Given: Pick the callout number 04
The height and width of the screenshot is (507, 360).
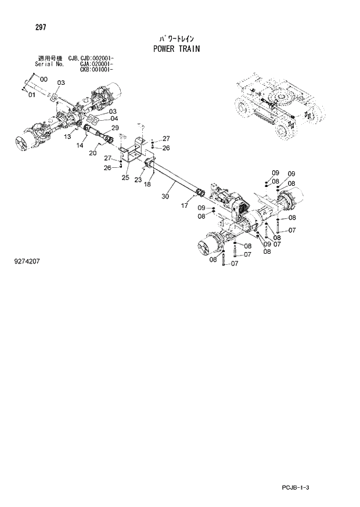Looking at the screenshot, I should pyautogui.click(x=114, y=118).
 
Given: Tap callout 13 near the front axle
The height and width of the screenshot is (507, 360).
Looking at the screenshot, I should pyautogui.click(x=67, y=136).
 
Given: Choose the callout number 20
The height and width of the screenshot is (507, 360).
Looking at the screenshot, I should pyautogui.click(x=92, y=153).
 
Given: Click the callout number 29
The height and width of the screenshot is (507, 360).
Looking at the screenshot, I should pyautogui.click(x=115, y=128).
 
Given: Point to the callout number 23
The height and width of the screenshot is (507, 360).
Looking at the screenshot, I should pyautogui.click(x=138, y=180).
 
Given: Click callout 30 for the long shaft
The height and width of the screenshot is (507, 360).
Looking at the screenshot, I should pyautogui.click(x=165, y=197).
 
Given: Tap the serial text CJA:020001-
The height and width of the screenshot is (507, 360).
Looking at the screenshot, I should pyautogui.click(x=94, y=64).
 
